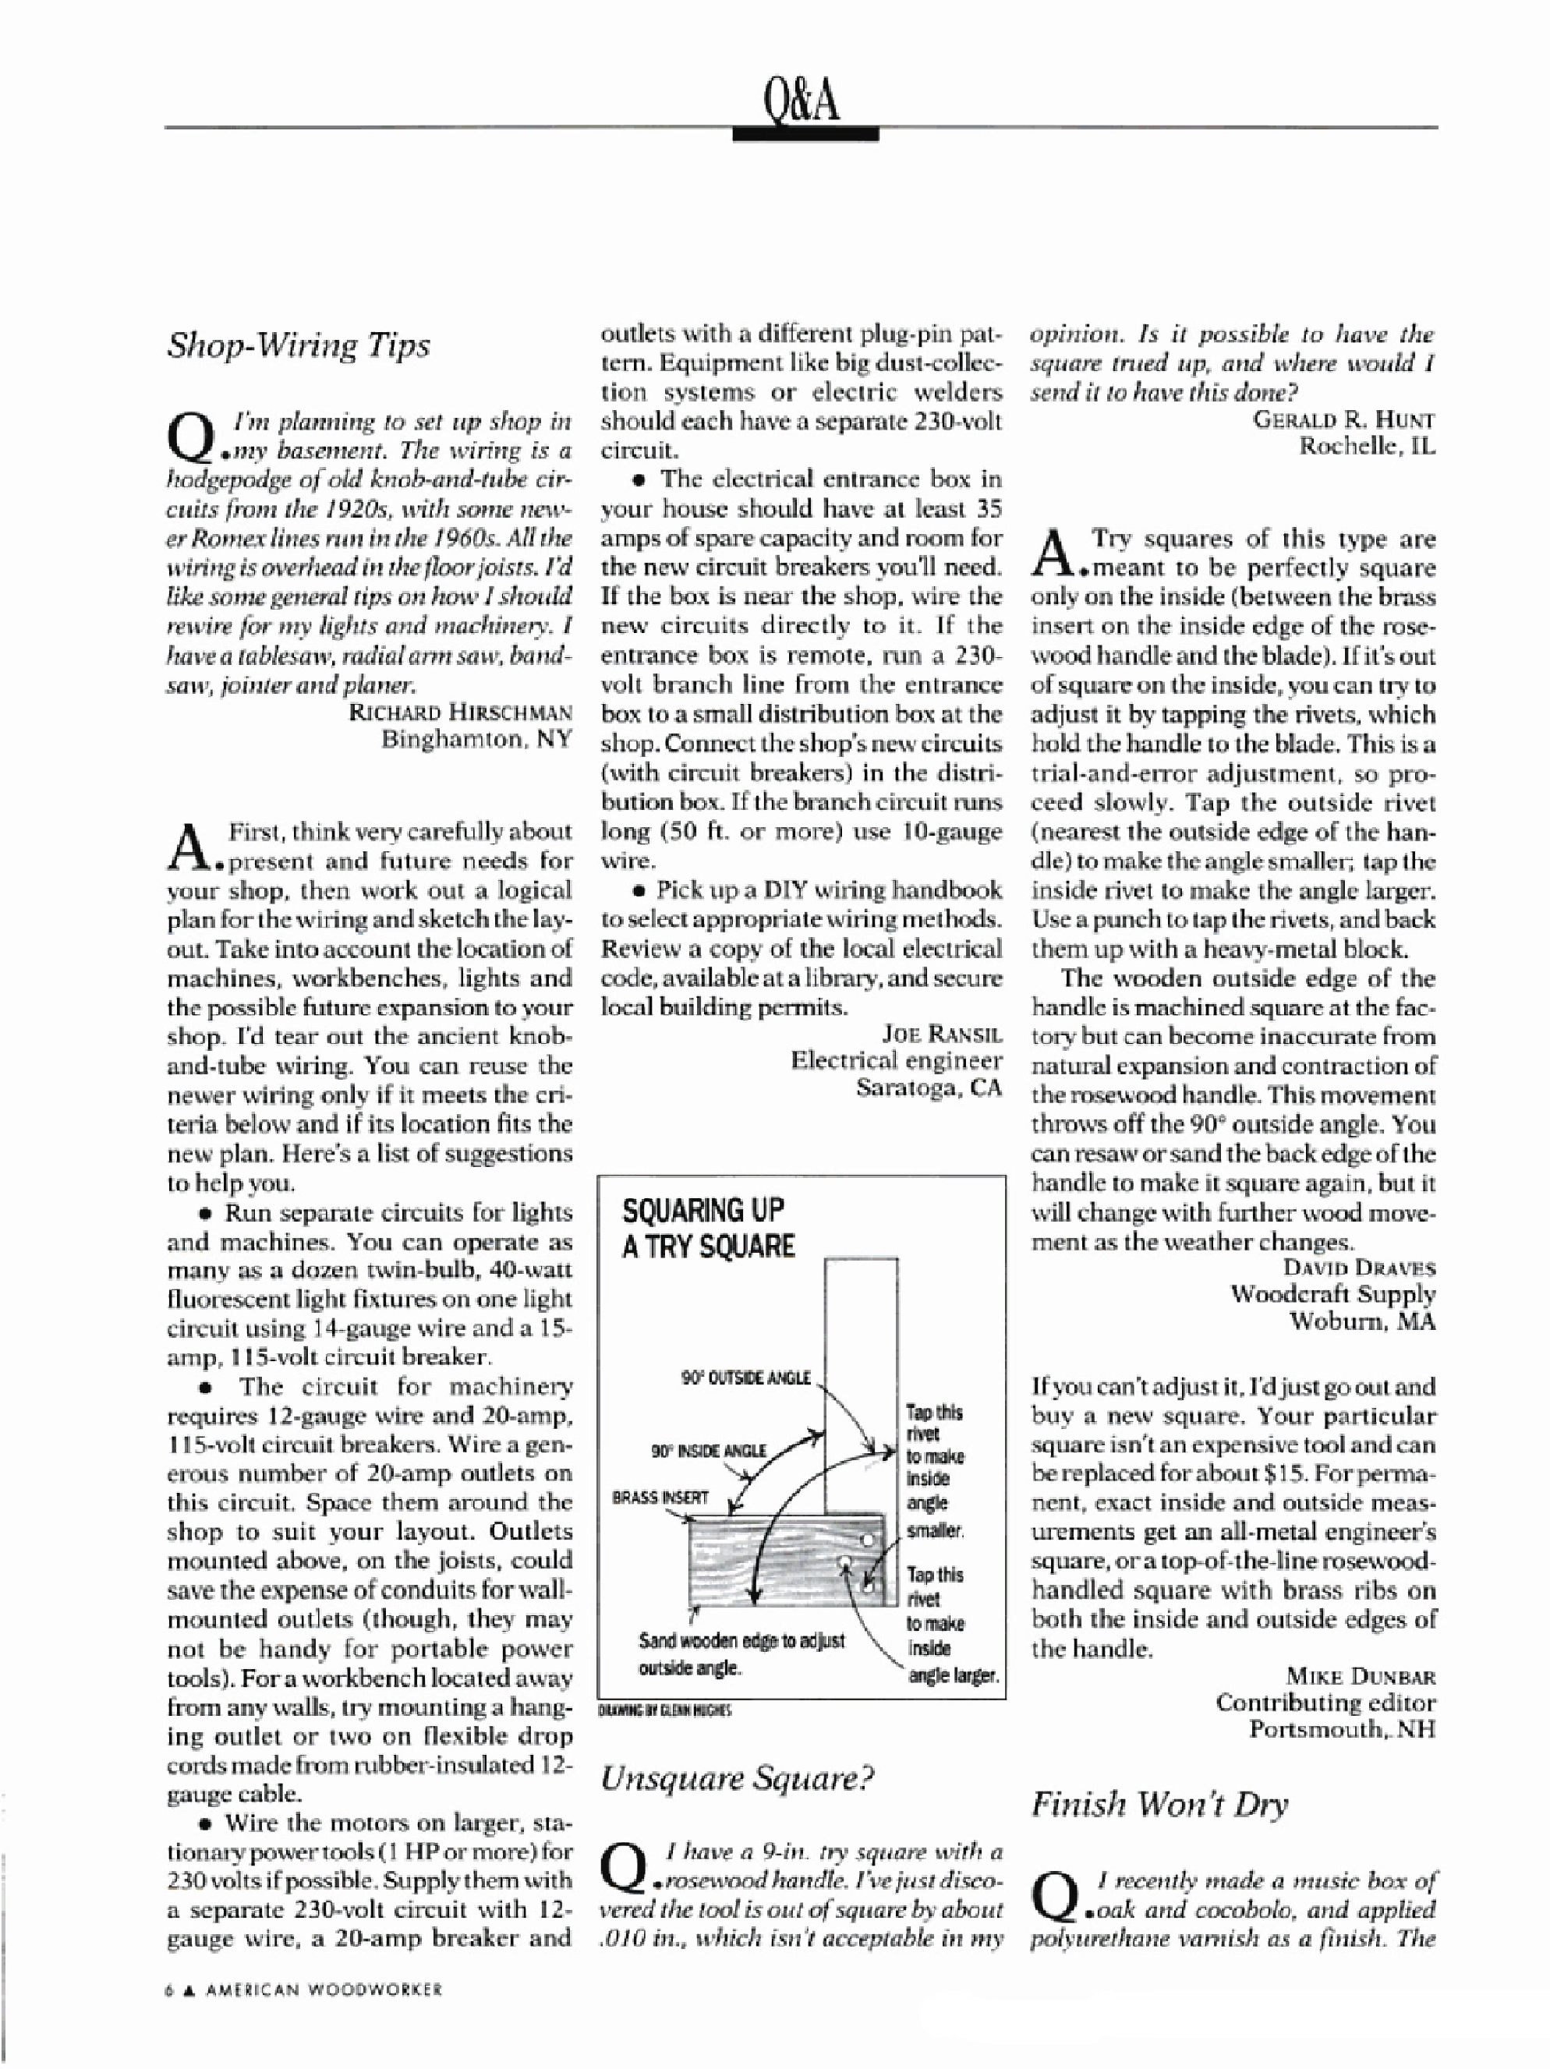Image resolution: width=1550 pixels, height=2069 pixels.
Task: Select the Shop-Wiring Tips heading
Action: (299, 345)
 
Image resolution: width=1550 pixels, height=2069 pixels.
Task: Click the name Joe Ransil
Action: (941, 1034)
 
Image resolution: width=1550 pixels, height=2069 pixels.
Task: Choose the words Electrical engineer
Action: (896, 1061)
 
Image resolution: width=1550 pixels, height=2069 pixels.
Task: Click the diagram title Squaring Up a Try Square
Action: (708, 1228)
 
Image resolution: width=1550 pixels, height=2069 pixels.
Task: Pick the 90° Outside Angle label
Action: (745, 1379)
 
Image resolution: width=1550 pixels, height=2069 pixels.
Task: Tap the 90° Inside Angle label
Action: (708, 1452)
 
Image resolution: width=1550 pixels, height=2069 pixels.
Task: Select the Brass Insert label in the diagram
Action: (660, 1497)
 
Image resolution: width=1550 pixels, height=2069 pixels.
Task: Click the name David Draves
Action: (1359, 1268)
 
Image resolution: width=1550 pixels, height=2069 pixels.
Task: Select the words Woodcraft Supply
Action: (1332, 1295)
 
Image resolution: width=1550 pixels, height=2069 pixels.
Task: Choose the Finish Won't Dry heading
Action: (1159, 1803)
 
